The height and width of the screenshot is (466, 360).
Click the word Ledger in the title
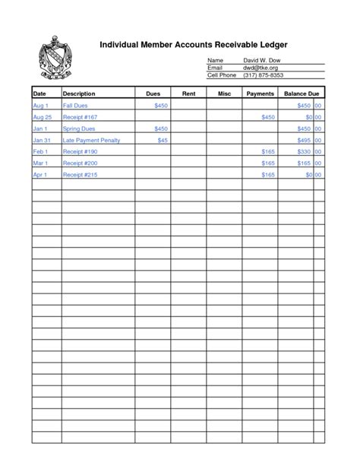270,45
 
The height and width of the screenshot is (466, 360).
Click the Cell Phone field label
222,75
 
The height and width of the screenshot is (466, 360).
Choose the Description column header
79,93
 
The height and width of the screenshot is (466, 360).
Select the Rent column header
189,93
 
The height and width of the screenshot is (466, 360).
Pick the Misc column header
224,93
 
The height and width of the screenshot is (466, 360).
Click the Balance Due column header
300,93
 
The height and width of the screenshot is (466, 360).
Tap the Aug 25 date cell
43,117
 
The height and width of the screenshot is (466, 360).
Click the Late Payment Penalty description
91,140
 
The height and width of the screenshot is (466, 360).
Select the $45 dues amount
162,140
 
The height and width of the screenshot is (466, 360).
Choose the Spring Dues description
79,128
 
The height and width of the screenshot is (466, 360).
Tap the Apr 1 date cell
40,175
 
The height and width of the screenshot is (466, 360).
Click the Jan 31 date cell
42,140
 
